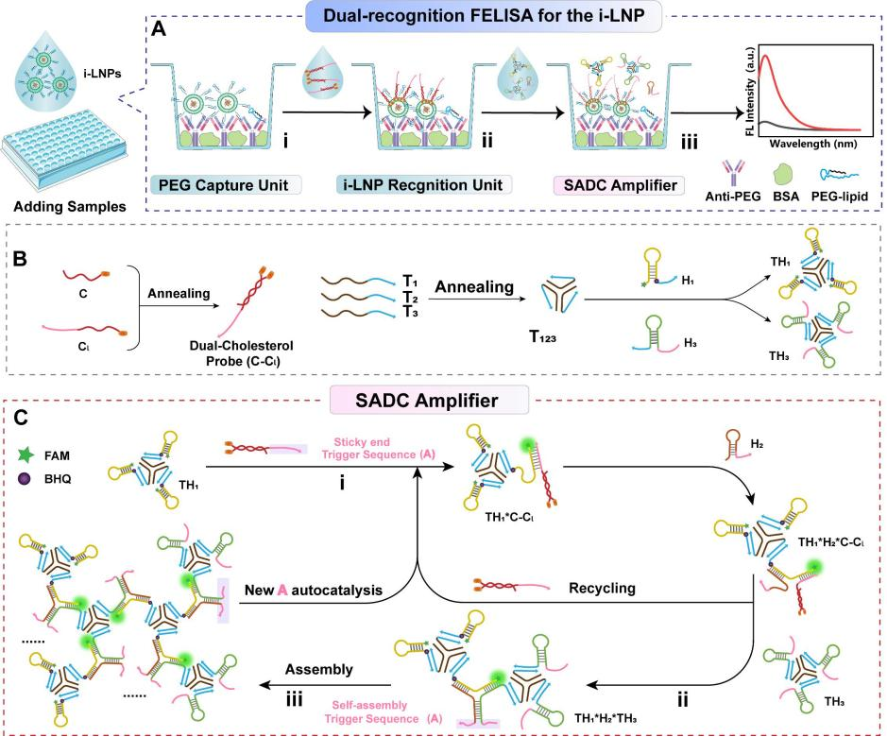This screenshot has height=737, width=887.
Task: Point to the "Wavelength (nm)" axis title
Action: coord(807,146)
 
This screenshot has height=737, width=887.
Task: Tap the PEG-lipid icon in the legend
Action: coord(828,172)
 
